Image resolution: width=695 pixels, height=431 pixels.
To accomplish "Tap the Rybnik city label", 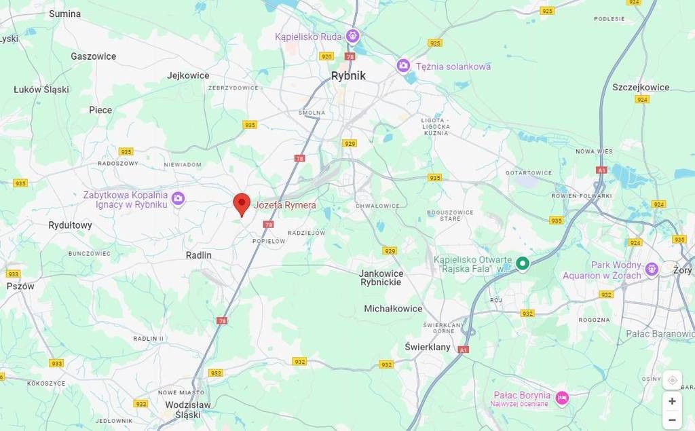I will (348, 76).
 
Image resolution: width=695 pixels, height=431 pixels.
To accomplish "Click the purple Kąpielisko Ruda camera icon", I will (352, 36).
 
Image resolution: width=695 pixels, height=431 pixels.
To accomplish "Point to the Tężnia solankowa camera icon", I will (404, 66).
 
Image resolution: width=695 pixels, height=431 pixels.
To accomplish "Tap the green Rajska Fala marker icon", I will (522, 264).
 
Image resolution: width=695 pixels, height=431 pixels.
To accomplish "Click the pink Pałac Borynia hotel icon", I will (562, 398).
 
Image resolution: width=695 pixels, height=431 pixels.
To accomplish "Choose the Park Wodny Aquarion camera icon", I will (652, 269).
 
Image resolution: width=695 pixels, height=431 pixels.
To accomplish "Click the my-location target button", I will (672, 380).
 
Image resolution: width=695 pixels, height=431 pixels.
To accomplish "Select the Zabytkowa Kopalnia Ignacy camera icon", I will (178, 198).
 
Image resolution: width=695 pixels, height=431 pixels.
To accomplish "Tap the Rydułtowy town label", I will (70, 225).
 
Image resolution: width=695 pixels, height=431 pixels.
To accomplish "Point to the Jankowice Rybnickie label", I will (381, 278).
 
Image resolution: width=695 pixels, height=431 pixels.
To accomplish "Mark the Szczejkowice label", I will (641, 87).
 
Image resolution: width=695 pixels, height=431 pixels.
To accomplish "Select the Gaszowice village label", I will (93, 56).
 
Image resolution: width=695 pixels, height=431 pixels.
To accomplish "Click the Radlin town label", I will (199, 255).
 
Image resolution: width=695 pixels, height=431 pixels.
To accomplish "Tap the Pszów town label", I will (20, 286).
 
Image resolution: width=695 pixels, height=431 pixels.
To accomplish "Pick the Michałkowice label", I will (393, 308).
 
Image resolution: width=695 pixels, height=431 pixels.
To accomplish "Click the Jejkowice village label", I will (188, 75).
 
